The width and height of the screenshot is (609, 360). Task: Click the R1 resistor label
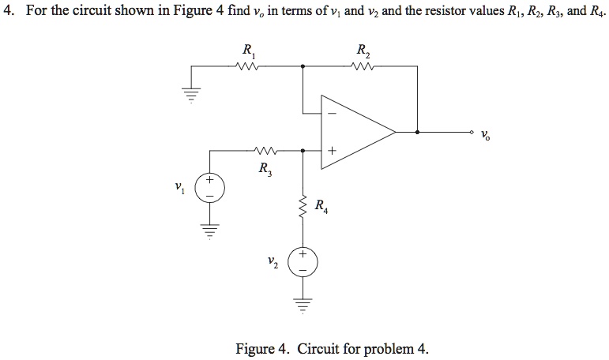click(249, 53)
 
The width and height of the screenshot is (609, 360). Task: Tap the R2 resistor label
click(363, 53)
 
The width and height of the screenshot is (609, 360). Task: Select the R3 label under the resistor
click(263, 168)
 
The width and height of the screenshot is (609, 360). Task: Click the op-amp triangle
click(355, 131)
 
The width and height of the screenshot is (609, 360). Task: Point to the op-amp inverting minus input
click(332, 114)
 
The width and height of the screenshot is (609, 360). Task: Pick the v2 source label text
click(274, 261)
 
